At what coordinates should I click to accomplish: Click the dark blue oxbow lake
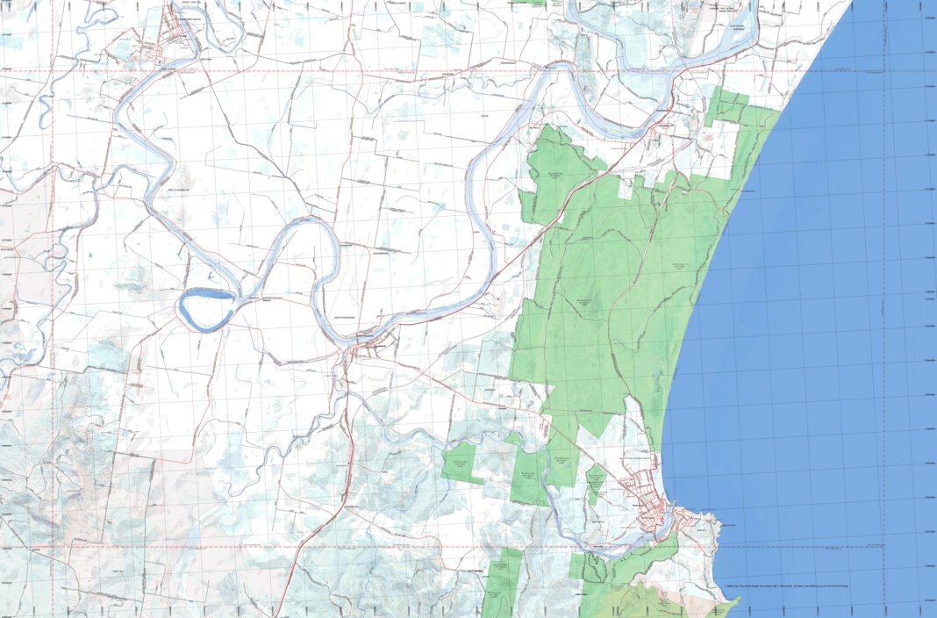207,310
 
